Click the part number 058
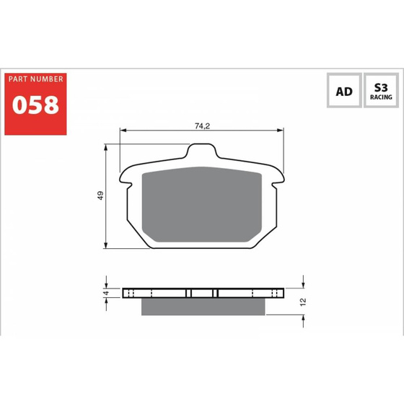[35, 105]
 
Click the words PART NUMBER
[35, 79]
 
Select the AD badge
[344, 90]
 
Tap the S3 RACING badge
[381, 90]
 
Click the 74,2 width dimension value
[202, 126]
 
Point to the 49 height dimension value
[100, 196]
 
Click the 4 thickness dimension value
[106, 293]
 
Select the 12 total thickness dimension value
[303, 302]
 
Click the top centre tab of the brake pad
[201, 150]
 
